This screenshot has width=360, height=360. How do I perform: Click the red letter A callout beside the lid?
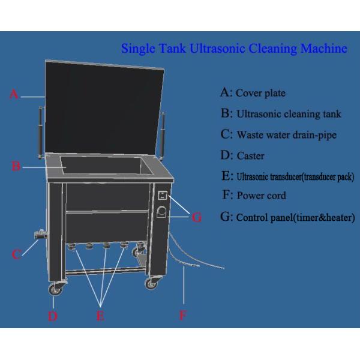click(14, 94)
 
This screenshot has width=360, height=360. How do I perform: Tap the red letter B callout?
click(16, 166)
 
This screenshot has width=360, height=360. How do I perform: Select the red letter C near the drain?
click(16, 254)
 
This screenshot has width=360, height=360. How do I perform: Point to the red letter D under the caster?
click(53, 316)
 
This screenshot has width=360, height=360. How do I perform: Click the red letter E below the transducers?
click(101, 316)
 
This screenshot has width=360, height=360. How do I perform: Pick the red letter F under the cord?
click(182, 315)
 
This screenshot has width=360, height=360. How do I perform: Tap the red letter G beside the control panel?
click(197, 217)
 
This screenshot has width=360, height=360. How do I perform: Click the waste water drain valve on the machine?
click(41, 234)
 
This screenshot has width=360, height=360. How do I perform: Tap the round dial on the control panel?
click(163, 212)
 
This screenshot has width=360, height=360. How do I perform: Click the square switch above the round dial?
click(163, 196)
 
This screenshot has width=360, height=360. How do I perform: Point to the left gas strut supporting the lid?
click(41, 132)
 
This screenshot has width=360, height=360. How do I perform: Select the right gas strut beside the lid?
click(163, 136)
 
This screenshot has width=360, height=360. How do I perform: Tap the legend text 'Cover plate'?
click(260, 93)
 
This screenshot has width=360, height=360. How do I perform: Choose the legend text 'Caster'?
click(250, 156)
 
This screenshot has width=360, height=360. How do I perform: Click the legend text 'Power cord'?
click(261, 196)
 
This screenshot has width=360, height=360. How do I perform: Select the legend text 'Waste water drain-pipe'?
click(287, 135)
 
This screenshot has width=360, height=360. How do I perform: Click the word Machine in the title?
click(324, 49)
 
